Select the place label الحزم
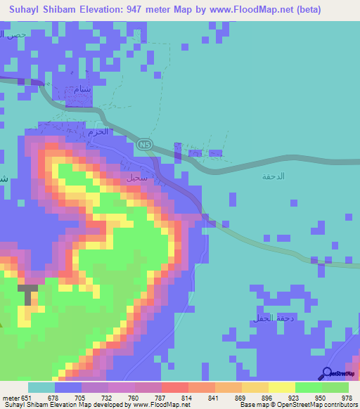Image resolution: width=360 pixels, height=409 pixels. pos(102,131)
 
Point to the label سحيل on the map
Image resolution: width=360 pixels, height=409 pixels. pos(136,178)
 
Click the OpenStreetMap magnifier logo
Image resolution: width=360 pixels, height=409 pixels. pos(328,374)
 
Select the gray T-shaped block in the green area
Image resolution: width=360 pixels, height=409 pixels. pos(28,292)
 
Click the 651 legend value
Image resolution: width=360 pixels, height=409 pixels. pos(27,398)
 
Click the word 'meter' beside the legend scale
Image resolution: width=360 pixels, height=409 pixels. pos(11,398)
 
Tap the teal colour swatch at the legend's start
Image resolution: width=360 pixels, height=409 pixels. pos(41,387)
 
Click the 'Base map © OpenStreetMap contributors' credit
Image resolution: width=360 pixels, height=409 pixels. pos(297,405)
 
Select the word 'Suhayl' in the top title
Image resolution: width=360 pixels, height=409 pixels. pos(22,10)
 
